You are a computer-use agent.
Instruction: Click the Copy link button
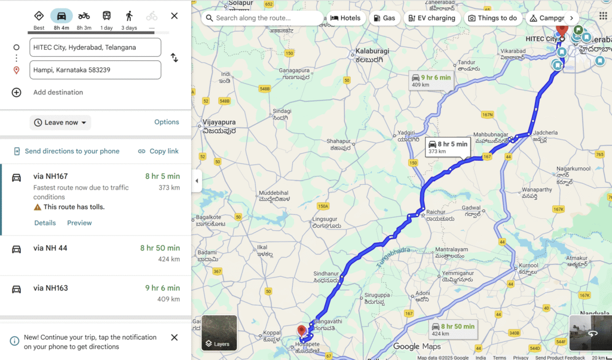tap(158, 151)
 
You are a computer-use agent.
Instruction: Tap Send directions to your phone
tap(66, 151)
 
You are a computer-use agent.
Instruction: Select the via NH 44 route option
tap(96, 254)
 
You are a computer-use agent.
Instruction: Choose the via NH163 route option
tap(96, 294)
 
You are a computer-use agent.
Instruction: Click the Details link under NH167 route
tap(45, 223)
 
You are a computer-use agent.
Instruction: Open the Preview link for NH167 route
tap(79, 223)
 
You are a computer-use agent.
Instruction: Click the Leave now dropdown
tap(60, 123)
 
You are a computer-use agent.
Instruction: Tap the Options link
tap(167, 122)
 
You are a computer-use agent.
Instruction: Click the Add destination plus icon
tap(17, 92)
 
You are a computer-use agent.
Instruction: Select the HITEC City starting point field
tap(96, 47)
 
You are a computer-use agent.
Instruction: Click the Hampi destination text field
tap(96, 70)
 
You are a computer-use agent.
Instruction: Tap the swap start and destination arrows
tap(175, 58)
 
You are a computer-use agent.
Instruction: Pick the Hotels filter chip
tap(345, 18)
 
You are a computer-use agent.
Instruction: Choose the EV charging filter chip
tap(432, 18)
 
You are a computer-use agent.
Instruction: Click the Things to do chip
tap(492, 18)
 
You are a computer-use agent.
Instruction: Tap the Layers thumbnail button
tap(219, 333)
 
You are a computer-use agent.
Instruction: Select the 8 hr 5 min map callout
tap(448, 147)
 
